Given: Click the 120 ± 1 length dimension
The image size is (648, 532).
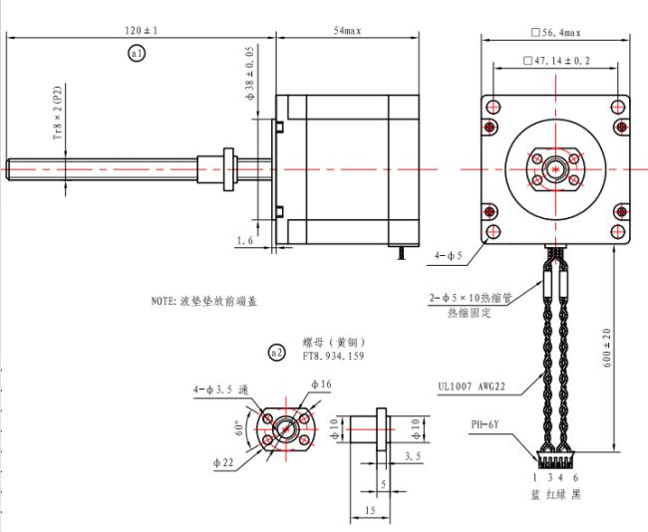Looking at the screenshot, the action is pyautogui.click(x=142, y=31).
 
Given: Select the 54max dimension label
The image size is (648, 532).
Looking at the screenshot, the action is pyautogui.click(x=348, y=31).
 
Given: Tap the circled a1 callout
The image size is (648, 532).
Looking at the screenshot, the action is pyautogui.click(x=137, y=53).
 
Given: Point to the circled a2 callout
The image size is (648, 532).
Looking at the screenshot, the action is pyautogui.click(x=276, y=353).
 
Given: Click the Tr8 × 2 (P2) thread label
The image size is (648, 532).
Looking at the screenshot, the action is pyautogui.click(x=58, y=113).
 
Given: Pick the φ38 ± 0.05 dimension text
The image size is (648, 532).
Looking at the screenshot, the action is pyautogui.click(x=250, y=73).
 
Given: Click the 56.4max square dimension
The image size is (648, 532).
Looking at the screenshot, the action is pyautogui.click(x=556, y=33).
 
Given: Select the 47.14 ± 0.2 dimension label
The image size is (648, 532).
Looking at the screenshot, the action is pyautogui.click(x=556, y=61).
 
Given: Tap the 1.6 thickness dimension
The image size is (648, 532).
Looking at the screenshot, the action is pyautogui.click(x=244, y=240).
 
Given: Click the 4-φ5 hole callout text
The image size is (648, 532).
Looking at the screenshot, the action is pyautogui.click(x=448, y=256).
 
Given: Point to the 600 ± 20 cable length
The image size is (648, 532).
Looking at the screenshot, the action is pyautogui.click(x=607, y=348).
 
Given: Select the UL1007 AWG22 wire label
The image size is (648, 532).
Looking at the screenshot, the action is pyautogui.click(x=472, y=387).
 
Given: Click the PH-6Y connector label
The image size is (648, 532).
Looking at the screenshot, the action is pyautogui.click(x=485, y=424).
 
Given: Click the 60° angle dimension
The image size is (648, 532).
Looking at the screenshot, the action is pyautogui.click(x=239, y=428).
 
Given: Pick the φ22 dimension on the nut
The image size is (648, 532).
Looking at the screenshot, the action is pyautogui.click(x=223, y=463).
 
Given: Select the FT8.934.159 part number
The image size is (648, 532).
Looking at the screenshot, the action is pyautogui.click(x=333, y=356).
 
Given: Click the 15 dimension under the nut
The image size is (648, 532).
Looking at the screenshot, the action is pyautogui.click(x=370, y=510).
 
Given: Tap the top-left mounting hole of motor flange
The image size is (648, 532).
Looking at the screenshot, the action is pyautogui.click(x=493, y=107).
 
